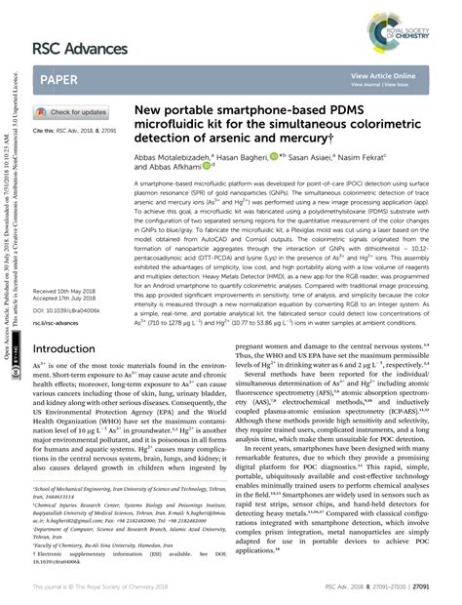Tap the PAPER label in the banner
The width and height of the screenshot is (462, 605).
coord(59,76)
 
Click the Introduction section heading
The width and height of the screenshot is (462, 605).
coord(70,348)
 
